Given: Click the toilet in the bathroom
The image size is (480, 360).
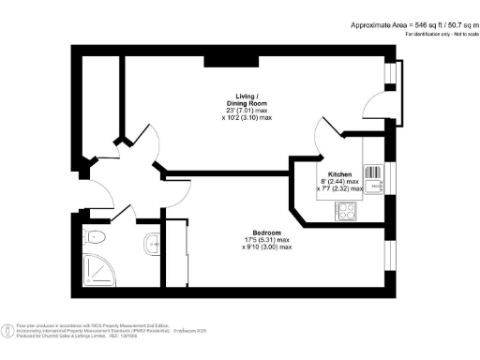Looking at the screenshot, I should point(97,235).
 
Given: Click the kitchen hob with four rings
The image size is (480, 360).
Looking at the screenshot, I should point(344,213).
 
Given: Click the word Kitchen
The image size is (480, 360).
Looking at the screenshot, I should point(339,175).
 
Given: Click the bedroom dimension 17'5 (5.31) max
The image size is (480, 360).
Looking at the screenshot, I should point(267,240).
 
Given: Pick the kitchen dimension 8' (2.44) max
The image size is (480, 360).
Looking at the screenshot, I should point(339,182).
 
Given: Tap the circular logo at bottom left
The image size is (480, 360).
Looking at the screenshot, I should point(8,330).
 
